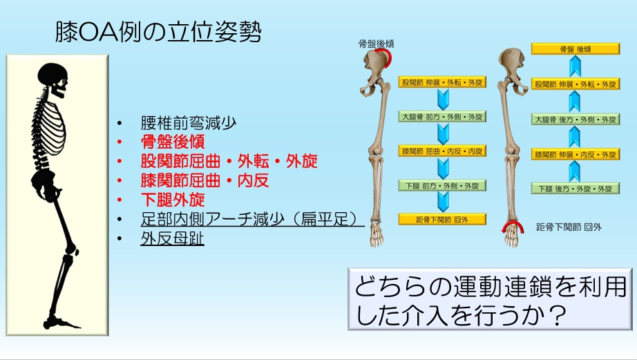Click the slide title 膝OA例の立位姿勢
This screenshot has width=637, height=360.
click(x=158, y=32)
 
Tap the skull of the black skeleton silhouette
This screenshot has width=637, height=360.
click(x=53, y=79)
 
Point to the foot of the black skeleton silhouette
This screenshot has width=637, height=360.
click(x=61, y=323)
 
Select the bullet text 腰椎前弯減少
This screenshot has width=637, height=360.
click(x=189, y=123)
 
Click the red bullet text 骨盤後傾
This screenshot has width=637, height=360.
click(x=173, y=142)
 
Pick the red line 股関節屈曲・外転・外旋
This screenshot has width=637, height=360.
click(x=229, y=161)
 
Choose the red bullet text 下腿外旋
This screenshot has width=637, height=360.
click(x=173, y=200)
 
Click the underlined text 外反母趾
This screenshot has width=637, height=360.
click(x=172, y=238)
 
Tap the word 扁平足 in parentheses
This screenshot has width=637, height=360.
click(x=324, y=220)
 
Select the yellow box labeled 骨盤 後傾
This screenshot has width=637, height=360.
click(x=576, y=49)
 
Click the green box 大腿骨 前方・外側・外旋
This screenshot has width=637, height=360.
click(x=442, y=117)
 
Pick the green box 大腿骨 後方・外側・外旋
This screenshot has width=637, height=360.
click(x=576, y=120)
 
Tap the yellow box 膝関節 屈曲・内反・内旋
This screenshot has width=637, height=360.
click(x=442, y=151)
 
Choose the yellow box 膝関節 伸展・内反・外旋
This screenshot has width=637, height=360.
click(x=576, y=154)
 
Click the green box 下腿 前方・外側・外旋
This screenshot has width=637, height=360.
click(x=442, y=186)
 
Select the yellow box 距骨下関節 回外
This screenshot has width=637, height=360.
click(x=442, y=220)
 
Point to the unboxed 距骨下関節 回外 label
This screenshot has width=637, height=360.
click(x=569, y=227)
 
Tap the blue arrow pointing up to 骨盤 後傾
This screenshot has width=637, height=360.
click(x=575, y=66)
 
